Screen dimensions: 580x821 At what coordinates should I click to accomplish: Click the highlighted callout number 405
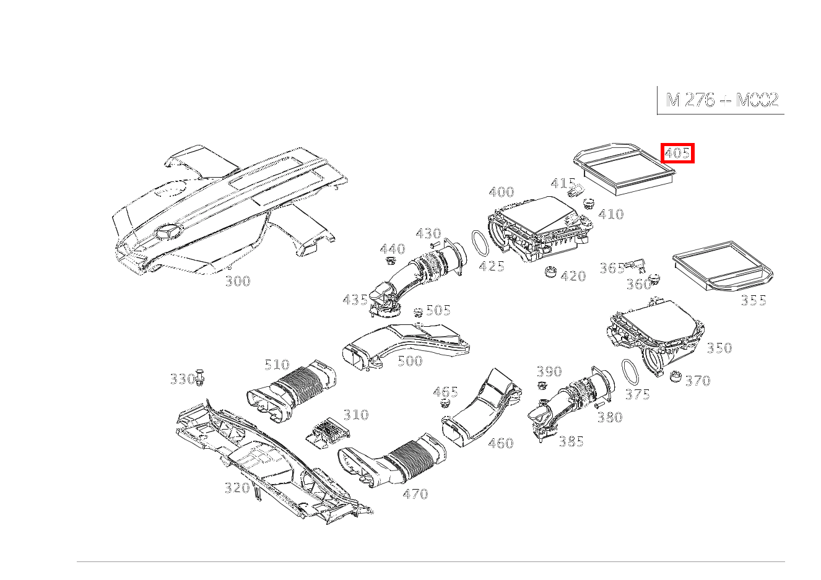[x=677, y=153]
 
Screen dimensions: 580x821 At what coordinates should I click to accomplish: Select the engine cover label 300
[x=237, y=282]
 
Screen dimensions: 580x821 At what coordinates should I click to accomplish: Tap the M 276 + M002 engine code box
[x=721, y=100]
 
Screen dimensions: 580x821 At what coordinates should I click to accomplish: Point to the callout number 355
[x=754, y=301]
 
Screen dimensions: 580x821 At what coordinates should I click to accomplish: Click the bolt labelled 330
[x=200, y=377]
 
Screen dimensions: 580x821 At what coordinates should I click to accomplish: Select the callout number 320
[x=237, y=488]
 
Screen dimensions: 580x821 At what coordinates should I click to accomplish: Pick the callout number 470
[x=415, y=494]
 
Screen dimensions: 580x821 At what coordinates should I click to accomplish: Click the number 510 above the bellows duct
[x=277, y=365]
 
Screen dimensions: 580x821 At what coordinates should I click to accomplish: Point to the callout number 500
[x=409, y=361]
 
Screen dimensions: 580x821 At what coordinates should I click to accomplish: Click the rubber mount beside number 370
[x=675, y=376]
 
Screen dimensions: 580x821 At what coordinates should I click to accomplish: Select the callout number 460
[x=500, y=443]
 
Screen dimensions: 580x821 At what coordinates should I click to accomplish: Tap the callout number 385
[x=571, y=442]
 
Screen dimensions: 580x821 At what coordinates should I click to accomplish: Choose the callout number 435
[x=355, y=300]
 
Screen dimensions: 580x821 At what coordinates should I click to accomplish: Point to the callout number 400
[x=501, y=192]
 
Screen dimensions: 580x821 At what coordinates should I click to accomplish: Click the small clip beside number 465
[x=444, y=404]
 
